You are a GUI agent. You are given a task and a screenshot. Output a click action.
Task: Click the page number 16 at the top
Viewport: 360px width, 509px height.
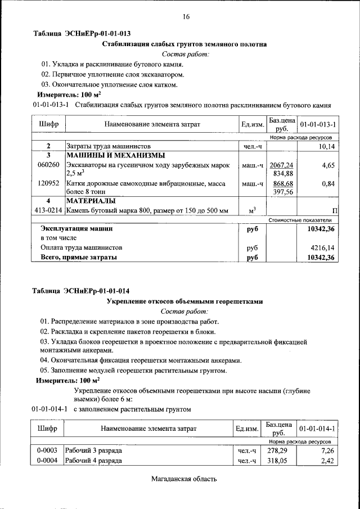click(186, 17)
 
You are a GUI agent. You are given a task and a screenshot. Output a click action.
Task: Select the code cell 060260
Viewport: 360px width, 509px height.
click(48, 165)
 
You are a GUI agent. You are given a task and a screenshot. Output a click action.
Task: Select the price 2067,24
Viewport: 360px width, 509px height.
click(282, 165)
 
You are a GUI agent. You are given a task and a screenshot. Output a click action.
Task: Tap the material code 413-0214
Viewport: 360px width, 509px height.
click(48, 210)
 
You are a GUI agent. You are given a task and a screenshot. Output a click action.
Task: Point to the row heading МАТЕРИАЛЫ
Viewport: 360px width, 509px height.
click(91, 201)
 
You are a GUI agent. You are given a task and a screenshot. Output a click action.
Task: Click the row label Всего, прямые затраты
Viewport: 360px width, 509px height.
click(79, 257)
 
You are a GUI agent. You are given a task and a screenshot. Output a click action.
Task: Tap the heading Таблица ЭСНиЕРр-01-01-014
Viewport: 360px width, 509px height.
click(81, 291)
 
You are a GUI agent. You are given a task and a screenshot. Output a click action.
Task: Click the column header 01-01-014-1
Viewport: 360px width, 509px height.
click(318, 429)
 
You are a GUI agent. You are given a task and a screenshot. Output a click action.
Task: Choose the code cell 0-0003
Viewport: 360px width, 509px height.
click(48, 451)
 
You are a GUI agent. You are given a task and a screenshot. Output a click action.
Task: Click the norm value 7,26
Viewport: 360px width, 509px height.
click(327, 451)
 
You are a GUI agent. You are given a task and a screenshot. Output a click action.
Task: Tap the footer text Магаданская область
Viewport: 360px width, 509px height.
click(184, 479)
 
